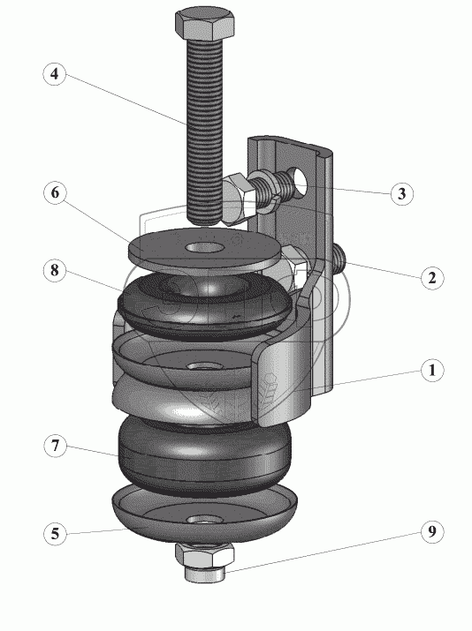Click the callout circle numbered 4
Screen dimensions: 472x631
(x=55, y=73)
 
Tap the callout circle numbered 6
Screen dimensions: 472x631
(x=55, y=192)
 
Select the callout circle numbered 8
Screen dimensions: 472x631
(x=55, y=270)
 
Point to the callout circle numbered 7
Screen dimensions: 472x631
(x=55, y=446)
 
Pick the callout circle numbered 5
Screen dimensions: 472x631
(x=55, y=534)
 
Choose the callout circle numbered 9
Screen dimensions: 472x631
(x=432, y=531)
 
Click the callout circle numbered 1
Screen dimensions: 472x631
(x=432, y=370)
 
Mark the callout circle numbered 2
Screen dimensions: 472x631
(x=432, y=278)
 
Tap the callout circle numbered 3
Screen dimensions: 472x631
(x=402, y=193)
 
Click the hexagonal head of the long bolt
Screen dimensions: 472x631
(x=205, y=25)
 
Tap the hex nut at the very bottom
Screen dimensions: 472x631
(x=205, y=555)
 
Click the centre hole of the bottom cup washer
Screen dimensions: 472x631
(x=206, y=519)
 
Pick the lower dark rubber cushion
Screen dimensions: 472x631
(x=204, y=454)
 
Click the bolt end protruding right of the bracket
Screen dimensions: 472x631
(x=339, y=259)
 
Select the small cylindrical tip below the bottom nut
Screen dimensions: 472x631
(x=204, y=575)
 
